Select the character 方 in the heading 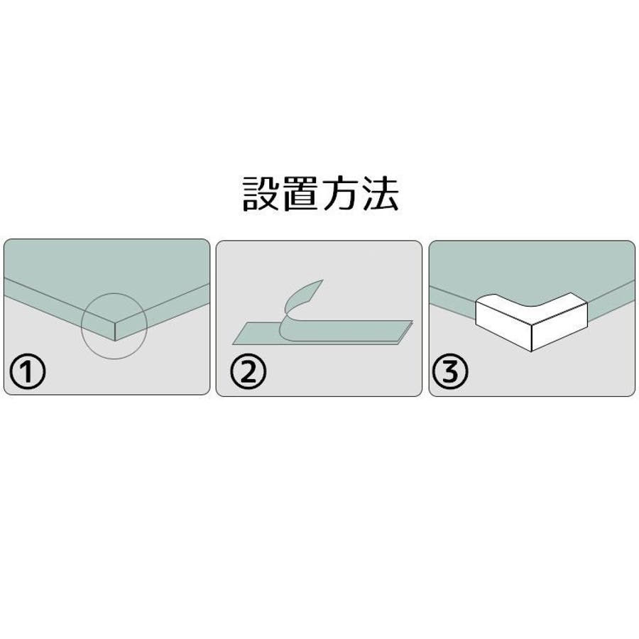pos(340,194)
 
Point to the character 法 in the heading pos(380,194)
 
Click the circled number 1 pos(27,371)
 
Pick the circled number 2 pos(248,371)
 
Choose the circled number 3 pos(449,371)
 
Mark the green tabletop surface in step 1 pos(106,277)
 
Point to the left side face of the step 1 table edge pos(60,310)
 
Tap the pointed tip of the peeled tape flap pos(323,280)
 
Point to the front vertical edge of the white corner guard pos(532,338)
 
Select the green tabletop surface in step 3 pos(532,269)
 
